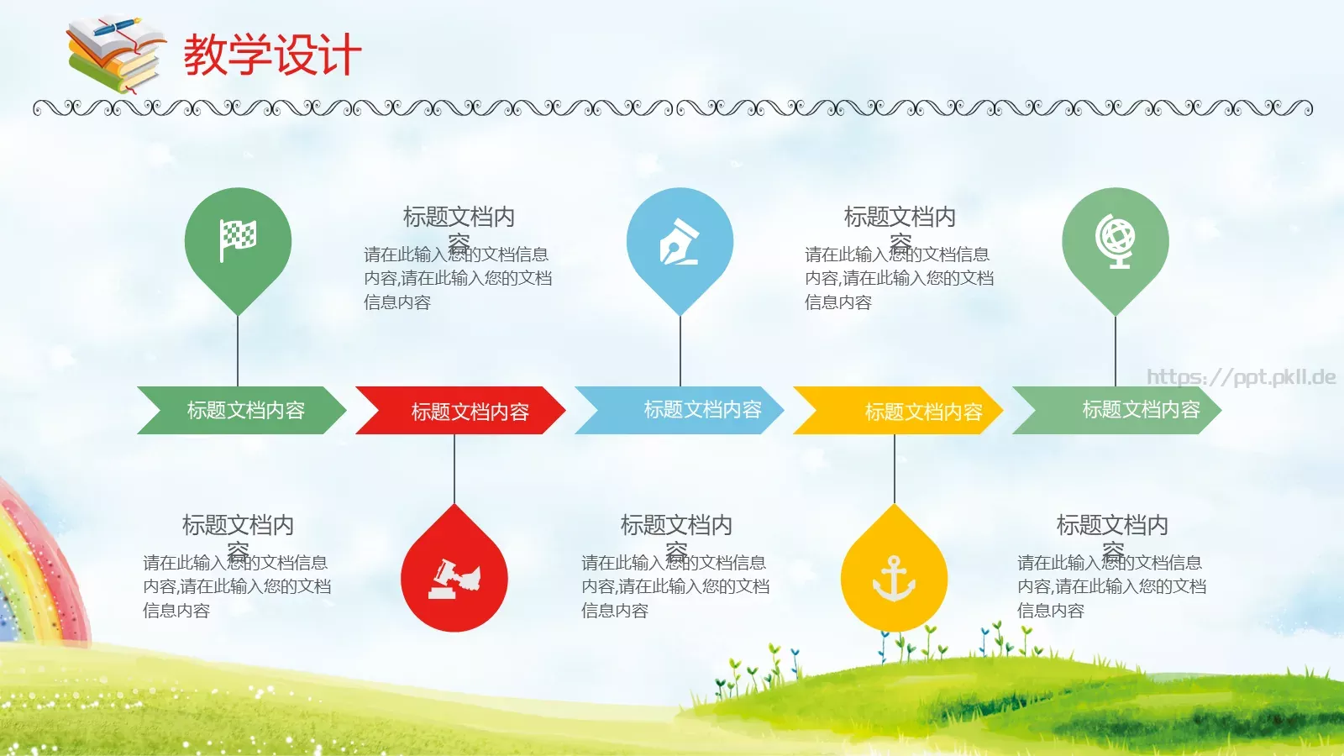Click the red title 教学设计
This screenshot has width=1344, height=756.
272,55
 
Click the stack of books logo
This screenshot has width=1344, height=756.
115,55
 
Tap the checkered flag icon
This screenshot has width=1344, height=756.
238,240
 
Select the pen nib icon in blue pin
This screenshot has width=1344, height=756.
680,242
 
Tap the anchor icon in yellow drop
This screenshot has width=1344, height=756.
894,579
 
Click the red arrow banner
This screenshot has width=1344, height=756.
460,411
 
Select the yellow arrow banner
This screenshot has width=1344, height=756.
898,411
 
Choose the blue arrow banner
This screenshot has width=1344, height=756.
680,410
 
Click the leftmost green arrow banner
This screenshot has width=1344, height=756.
242,410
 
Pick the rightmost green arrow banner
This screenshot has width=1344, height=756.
1117,410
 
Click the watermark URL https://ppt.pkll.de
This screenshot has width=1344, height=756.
1241,376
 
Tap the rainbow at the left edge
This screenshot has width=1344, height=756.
34,571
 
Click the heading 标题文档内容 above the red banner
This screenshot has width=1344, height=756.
459,218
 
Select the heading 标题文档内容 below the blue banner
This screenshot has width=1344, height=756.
676,526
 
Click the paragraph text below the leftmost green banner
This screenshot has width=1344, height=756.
237,586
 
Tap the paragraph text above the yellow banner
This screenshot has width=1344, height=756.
899,278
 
